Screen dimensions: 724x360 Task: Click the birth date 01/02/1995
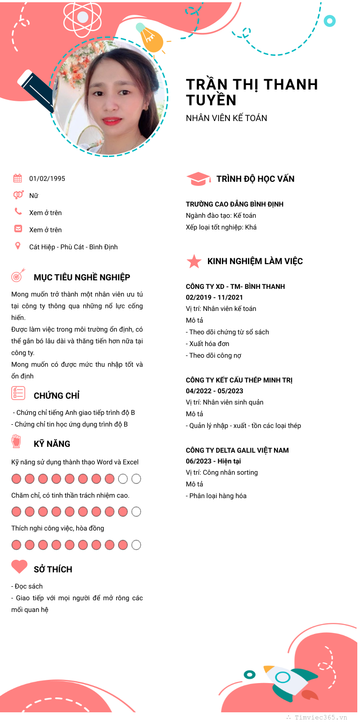[47, 179]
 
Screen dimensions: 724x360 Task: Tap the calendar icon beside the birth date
[18, 178]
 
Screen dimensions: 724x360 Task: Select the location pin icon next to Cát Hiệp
[18, 246]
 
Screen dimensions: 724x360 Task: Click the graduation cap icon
[198, 179]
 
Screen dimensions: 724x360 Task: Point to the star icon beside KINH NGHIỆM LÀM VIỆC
[194, 261]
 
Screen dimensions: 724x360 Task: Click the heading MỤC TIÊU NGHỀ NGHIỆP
[82, 277]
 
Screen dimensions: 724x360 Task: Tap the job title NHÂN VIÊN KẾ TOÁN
[226, 118]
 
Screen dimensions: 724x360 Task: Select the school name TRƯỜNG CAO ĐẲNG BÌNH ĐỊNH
[234, 204]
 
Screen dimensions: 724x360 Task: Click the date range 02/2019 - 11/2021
[214, 297]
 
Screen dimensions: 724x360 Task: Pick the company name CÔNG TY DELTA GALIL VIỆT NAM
[237, 450]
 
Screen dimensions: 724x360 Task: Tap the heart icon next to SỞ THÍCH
[19, 567]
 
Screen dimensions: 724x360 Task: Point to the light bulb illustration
[150, 38]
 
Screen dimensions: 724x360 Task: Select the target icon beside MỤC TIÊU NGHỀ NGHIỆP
[18, 275]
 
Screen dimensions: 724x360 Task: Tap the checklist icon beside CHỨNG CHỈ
[18, 393]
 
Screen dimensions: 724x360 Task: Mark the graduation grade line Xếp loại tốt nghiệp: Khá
[221, 227]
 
